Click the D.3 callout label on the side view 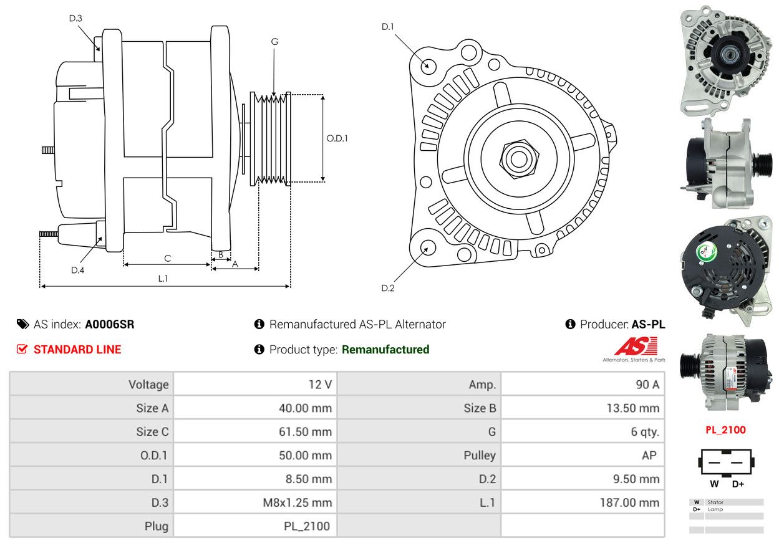pos(75,18)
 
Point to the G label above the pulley pos(274,42)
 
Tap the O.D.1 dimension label pos(337,138)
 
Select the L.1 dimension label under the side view pos(163,279)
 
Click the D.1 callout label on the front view pos(388,27)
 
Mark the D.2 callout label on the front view pos(388,288)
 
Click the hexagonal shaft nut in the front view pos(519,159)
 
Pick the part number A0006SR pos(110,324)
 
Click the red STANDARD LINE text pos(77,349)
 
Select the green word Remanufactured pos(385,349)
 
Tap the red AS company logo pos(636,346)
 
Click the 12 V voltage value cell pos(321,385)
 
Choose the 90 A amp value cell pos(647,385)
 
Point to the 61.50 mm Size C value pos(306,432)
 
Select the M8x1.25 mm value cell pos(298,502)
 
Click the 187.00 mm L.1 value pos(630,502)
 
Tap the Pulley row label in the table pos(480,455)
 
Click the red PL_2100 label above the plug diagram pos(725,430)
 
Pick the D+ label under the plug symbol pos(738,484)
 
